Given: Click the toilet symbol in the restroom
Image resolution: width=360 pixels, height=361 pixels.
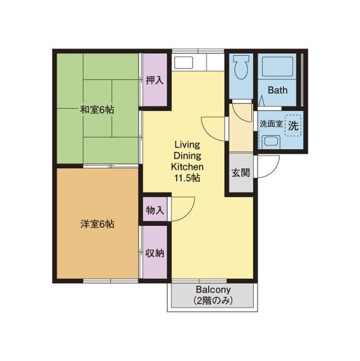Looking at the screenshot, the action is [241, 67].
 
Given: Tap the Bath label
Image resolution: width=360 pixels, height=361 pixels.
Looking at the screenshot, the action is [278, 90].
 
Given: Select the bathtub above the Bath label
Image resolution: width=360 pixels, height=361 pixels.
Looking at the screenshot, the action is [278, 67].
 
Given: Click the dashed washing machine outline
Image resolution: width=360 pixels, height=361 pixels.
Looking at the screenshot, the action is [293, 125].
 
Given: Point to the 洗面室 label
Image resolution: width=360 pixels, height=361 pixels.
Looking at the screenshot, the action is [271, 124].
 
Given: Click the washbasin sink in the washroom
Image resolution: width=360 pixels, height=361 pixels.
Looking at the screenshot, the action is [271, 141].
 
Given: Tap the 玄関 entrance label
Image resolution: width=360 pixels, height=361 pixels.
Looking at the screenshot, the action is [241, 173].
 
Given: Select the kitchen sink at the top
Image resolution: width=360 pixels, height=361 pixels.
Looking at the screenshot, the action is [184, 62].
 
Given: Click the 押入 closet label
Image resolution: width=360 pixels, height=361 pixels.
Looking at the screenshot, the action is [155, 80].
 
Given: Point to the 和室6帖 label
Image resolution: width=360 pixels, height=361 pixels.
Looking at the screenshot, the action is [97, 109].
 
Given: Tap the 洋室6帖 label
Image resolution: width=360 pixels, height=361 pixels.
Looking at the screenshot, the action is [97, 224].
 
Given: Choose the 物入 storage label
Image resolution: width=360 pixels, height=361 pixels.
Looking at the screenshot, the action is [155, 210].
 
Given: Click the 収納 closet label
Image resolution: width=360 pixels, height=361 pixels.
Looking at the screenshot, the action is [155, 253].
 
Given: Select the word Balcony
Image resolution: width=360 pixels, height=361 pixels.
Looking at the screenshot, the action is [213, 290].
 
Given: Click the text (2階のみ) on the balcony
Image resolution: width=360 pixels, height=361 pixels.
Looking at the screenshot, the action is [213, 301].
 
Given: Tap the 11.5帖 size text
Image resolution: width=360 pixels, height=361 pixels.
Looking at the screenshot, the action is [187, 178].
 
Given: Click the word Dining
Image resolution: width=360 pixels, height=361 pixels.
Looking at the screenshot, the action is [188, 156].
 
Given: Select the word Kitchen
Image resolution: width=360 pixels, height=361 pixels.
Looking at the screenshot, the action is [188, 167].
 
